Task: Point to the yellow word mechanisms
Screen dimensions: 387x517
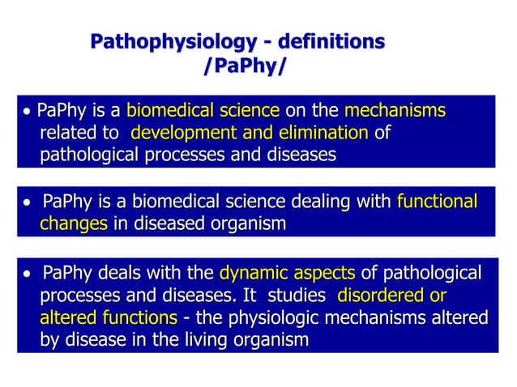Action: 395,111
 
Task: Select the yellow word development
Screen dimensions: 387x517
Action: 178,132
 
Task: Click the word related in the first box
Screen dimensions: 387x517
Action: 67,132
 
